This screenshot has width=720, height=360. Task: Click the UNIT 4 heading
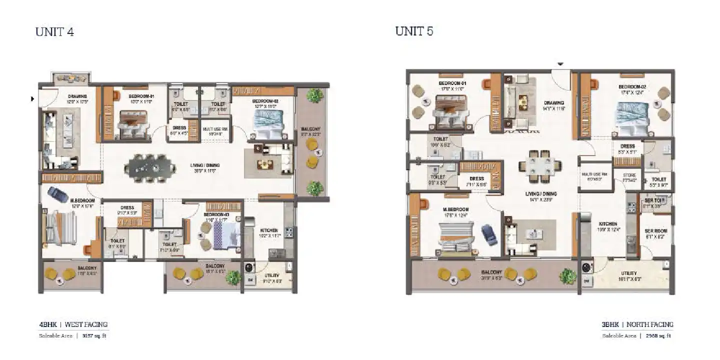tap(54, 32)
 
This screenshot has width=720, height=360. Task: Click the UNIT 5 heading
tap(414, 31)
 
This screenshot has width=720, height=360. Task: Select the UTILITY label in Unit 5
tap(628, 273)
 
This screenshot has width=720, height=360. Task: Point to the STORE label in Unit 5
tap(629, 176)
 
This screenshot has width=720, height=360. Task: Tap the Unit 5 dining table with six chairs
tap(539, 166)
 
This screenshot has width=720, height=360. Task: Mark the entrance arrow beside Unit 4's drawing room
tap(33, 99)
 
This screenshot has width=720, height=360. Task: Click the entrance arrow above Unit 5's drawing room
tap(560, 64)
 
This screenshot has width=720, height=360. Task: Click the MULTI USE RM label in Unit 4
tap(215, 129)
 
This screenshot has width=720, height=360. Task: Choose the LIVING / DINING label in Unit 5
tap(544, 194)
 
